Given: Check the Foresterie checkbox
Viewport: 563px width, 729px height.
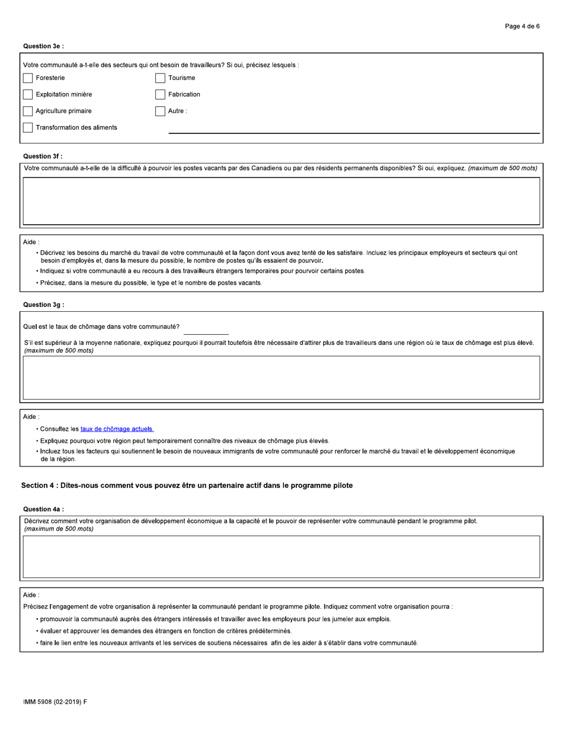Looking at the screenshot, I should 28,78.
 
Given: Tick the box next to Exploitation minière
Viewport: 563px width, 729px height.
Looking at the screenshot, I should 28,94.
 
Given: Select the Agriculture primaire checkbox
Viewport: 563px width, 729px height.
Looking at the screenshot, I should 28,111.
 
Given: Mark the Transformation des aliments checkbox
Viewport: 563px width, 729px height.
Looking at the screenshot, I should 28,127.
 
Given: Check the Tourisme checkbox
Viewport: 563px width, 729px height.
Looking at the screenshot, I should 160,78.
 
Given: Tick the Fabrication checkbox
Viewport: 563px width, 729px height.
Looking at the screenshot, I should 160,94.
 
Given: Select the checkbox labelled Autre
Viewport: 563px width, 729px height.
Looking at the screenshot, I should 160,111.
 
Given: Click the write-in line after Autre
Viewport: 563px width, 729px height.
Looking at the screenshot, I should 354,129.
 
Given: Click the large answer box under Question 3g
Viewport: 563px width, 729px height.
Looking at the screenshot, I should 281,377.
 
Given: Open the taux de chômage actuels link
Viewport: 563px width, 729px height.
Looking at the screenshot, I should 117,429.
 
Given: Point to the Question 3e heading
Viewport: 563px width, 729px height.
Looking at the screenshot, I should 43,46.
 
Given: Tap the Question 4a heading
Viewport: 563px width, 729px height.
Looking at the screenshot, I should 43,509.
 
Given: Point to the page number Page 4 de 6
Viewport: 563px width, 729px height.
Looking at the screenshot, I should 522,27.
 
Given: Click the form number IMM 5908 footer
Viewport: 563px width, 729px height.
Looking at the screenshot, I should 55,702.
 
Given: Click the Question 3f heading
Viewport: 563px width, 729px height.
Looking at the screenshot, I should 43,156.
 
